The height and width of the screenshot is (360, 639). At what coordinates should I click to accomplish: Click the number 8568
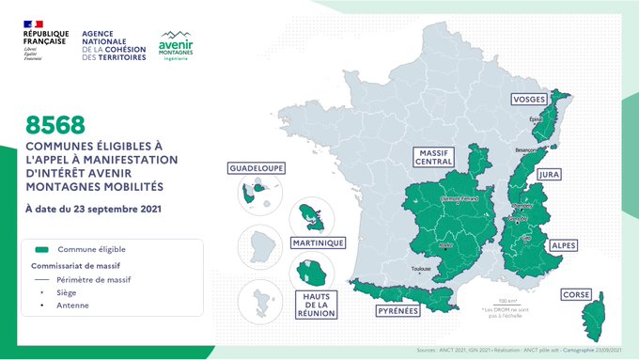(x=55, y=123)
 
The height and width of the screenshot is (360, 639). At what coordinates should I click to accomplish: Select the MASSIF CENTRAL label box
(x=436, y=157)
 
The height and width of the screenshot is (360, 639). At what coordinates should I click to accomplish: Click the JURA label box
(x=548, y=174)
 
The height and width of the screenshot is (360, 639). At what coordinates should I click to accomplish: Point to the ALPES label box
(x=564, y=246)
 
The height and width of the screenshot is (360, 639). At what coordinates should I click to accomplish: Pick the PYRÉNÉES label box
(x=397, y=311)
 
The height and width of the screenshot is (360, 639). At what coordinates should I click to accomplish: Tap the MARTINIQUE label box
(x=318, y=243)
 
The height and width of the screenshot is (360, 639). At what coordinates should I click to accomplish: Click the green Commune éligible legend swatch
(x=40, y=250)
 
